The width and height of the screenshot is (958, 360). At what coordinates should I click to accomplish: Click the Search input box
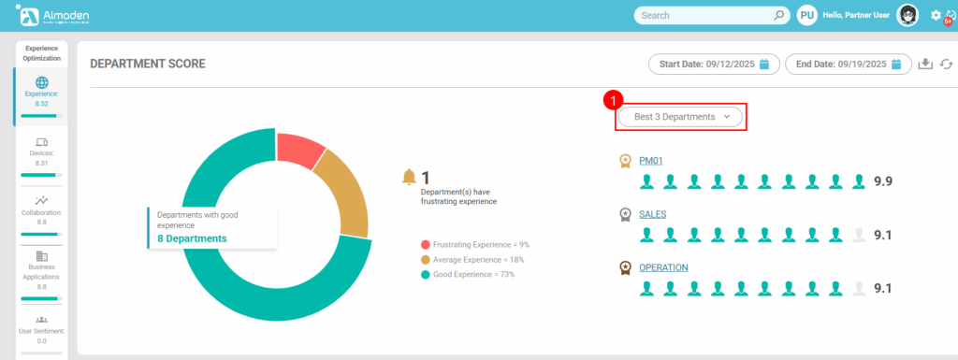[702, 15]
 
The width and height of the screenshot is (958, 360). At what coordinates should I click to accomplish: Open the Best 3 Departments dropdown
[680, 117]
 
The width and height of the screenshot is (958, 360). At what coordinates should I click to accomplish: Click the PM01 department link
[651, 161]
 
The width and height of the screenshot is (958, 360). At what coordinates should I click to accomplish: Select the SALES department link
[653, 214]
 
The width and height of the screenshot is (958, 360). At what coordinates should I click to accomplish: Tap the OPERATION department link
[663, 267]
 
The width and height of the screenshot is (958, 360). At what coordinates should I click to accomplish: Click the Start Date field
[714, 64]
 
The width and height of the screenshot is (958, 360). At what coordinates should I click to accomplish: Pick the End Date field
[848, 64]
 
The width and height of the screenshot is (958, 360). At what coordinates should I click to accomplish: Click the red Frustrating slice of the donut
[300, 150]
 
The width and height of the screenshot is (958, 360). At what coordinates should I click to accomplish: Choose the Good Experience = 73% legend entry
[473, 274]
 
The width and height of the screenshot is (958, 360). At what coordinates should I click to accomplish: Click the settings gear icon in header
[936, 15]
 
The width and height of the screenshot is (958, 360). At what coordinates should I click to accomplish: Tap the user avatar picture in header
[907, 15]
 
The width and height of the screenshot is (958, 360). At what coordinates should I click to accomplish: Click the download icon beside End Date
[925, 64]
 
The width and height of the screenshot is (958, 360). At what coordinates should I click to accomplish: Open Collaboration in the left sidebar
[41, 209]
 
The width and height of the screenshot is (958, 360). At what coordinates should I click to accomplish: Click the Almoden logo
[51, 15]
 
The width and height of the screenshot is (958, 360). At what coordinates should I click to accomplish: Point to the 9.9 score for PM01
[882, 180]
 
